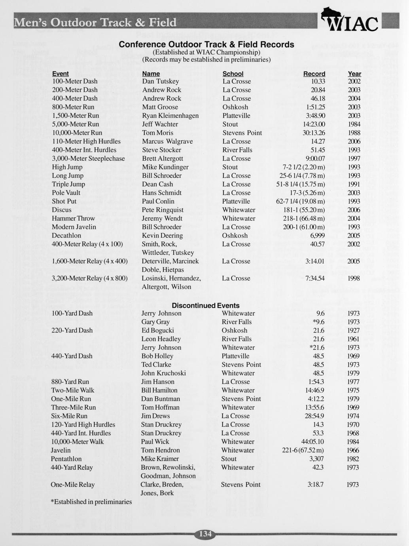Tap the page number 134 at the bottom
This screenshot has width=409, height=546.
[205, 534]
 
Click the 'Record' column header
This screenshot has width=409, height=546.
[314, 74]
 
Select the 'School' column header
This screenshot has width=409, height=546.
[233, 74]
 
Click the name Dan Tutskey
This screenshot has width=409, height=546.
[161, 82]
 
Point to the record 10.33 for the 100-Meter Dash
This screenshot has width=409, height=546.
[318, 82]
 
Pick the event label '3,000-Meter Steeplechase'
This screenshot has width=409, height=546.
[88, 159]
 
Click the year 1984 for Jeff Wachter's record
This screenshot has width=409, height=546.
[354, 124]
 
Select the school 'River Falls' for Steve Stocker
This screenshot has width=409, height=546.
[237, 150]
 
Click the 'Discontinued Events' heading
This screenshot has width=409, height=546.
[205, 306]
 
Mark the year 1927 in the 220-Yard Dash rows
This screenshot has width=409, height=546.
[353, 331]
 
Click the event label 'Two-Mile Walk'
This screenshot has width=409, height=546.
[73, 390]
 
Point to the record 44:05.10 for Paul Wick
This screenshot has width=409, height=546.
[312, 442]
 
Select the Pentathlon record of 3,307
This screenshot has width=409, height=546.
[317, 459]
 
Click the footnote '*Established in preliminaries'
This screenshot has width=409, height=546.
[91, 502]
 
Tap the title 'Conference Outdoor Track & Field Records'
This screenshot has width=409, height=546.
[206, 44]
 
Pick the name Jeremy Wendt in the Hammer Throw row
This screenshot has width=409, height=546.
[162, 219]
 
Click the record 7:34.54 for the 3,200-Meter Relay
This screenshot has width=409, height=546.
[315, 278]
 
